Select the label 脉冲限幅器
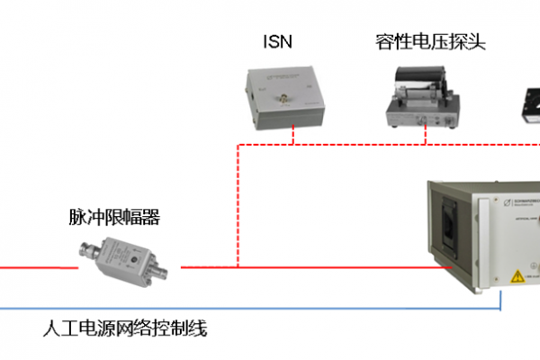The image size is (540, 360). pyautogui.click(x=108, y=217)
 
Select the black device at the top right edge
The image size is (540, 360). pyautogui.click(x=531, y=106)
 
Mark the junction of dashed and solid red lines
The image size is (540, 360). pyautogui.click(x=238, y=267)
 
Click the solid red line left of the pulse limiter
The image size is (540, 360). pyautogui.click(x=36, y=267)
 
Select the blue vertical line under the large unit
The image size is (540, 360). pyautogui.click(x=499, y=302)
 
